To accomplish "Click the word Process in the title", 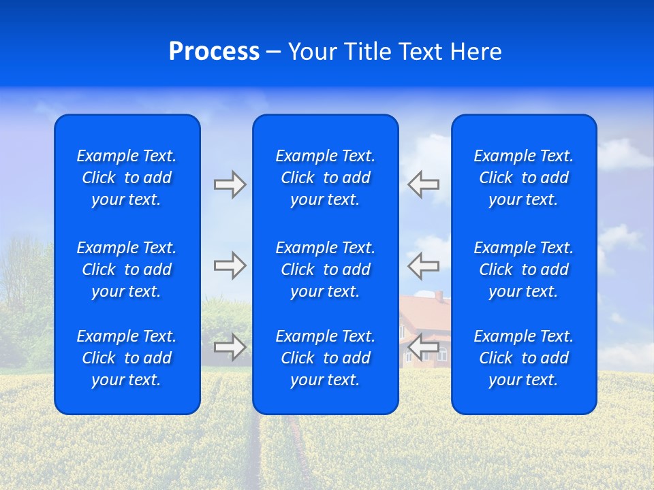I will (x=214, y=52).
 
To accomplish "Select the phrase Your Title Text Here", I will (x=394, y=52).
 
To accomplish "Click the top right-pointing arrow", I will (x=230, y=184).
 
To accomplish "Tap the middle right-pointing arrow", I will (x=230, y=265).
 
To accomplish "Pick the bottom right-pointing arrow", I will (x=230, y=346).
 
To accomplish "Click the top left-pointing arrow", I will (x=424, y=184).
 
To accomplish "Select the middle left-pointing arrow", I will (x=424, y=265).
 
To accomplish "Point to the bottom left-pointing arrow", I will (x=424, y=346).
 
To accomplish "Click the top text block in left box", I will (x=127, y=178).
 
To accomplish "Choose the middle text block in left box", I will (x=127, y=269).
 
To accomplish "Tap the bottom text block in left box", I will (x=127, y=358).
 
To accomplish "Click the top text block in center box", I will (x=325, y=178).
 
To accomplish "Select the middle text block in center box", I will (x=325, y=269).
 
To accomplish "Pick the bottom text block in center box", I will (x=325, y=358).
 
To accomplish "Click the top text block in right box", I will (x=523, y=178).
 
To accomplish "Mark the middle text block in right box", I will (x=523, y=269).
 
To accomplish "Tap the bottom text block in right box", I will (x=523, y=358).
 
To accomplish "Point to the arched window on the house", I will (x=443, y=355).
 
